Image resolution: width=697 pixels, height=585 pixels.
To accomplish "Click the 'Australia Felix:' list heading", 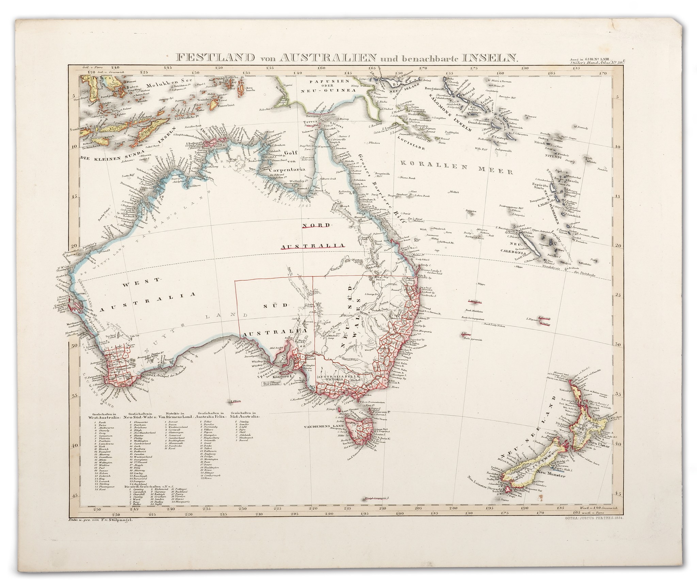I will [210, 416].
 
